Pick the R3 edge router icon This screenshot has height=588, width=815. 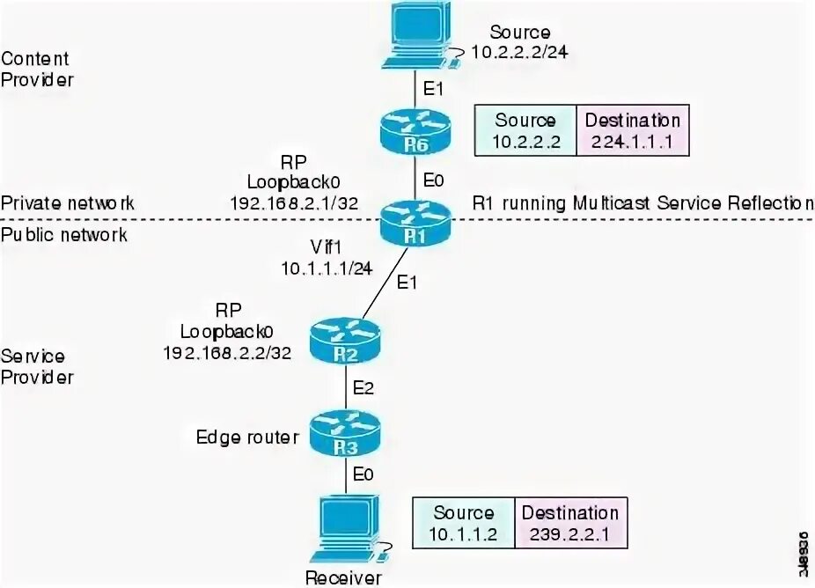click(x=345, y=434)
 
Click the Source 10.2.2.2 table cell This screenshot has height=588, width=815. click(x=525, y=130)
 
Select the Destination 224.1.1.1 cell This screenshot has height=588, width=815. click(x=631, y=130)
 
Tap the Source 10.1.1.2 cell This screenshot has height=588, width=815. click(x=464, y=523)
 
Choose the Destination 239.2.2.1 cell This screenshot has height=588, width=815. click(x=570, y=523)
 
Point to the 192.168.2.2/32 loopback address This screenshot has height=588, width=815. click(x=227, y=351)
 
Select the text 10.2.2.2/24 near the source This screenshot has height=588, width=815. click(x=519, y=52)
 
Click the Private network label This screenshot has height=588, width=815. click(x=68, y=203)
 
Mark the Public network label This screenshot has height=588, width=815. click(x=63, y=234)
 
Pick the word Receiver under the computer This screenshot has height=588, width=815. click(x=343, y=577)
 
